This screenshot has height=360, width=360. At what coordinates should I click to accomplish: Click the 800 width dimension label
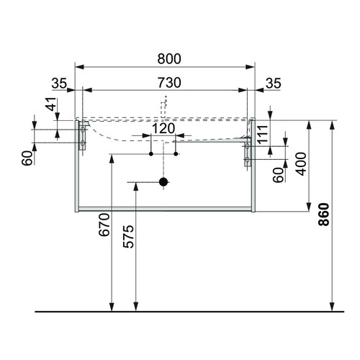click(x=169, y=59)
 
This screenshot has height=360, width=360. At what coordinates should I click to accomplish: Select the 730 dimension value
click(x=169, y=83)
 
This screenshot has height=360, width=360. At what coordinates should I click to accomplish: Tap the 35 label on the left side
click(x=59, y=84)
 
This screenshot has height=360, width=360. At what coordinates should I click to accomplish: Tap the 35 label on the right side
click(x=273, y=84)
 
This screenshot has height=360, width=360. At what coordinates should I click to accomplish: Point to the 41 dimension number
click(x=51, y=104)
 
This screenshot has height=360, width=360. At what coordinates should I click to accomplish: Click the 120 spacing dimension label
click(x=163, y=128)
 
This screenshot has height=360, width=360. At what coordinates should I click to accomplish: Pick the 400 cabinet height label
click(x=301, y=164)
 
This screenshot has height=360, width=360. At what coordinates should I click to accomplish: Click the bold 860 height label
click(x=324, y=215)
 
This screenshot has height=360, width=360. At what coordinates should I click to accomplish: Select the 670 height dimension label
click(x=104, y=225)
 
